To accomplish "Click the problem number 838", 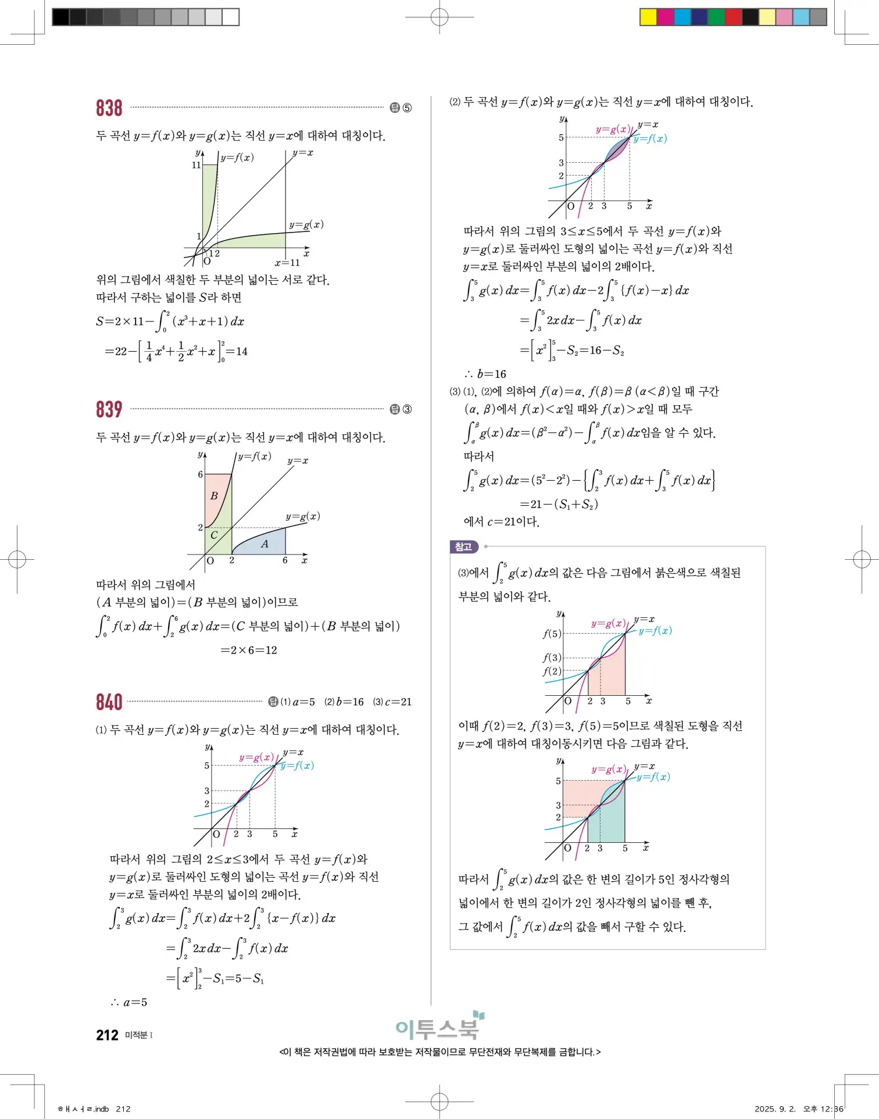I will pyautogui.click(x=109, y=108).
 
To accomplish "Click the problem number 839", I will pyautogui.click(x=109, y=409).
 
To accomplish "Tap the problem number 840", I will pyautogui.click(x=109, y=702).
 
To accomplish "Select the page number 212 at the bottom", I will pyautogui.click(x=108, y=1035).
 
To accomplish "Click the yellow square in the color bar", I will pyautogui.click(x=648, y=17).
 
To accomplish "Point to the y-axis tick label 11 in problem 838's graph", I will pyautogui.click(x=196, y=165).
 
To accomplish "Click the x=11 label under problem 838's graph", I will pyautogui.click(x=287, y=263).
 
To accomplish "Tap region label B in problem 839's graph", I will pyautogui.click(x=214, y=496).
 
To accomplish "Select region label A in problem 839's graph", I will pyautogui.click(x=265, y=544).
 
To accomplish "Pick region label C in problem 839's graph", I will pyautogui.click(x=214, y=535).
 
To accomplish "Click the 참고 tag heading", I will pyautogui.click(x=463, y=547).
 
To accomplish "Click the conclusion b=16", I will pyautogui.click(x=486, y=374).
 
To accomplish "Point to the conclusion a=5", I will pyautogui.click(x=130, y=1002).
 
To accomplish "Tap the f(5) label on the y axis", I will pyautogui.click(x=552, y=634).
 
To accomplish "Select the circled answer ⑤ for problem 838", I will pyautogui.click(x=407, y=108).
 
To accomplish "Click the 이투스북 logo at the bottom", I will pyautogui.click(x=439, y=1028).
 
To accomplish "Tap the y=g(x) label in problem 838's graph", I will pyautogui.click(x=306, y=224).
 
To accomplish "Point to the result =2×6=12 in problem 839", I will pyautogui.click(x=249, y=650).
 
